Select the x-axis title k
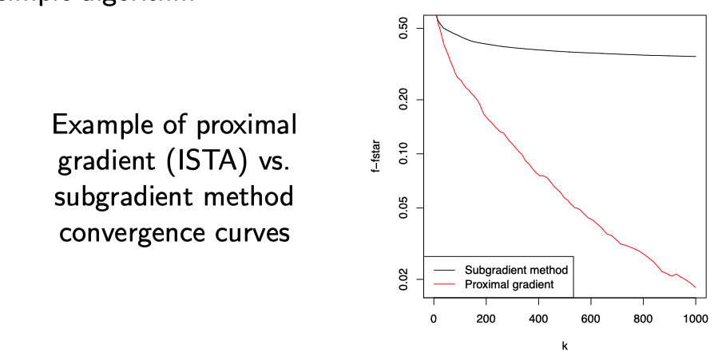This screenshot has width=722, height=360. pos(565,346)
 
